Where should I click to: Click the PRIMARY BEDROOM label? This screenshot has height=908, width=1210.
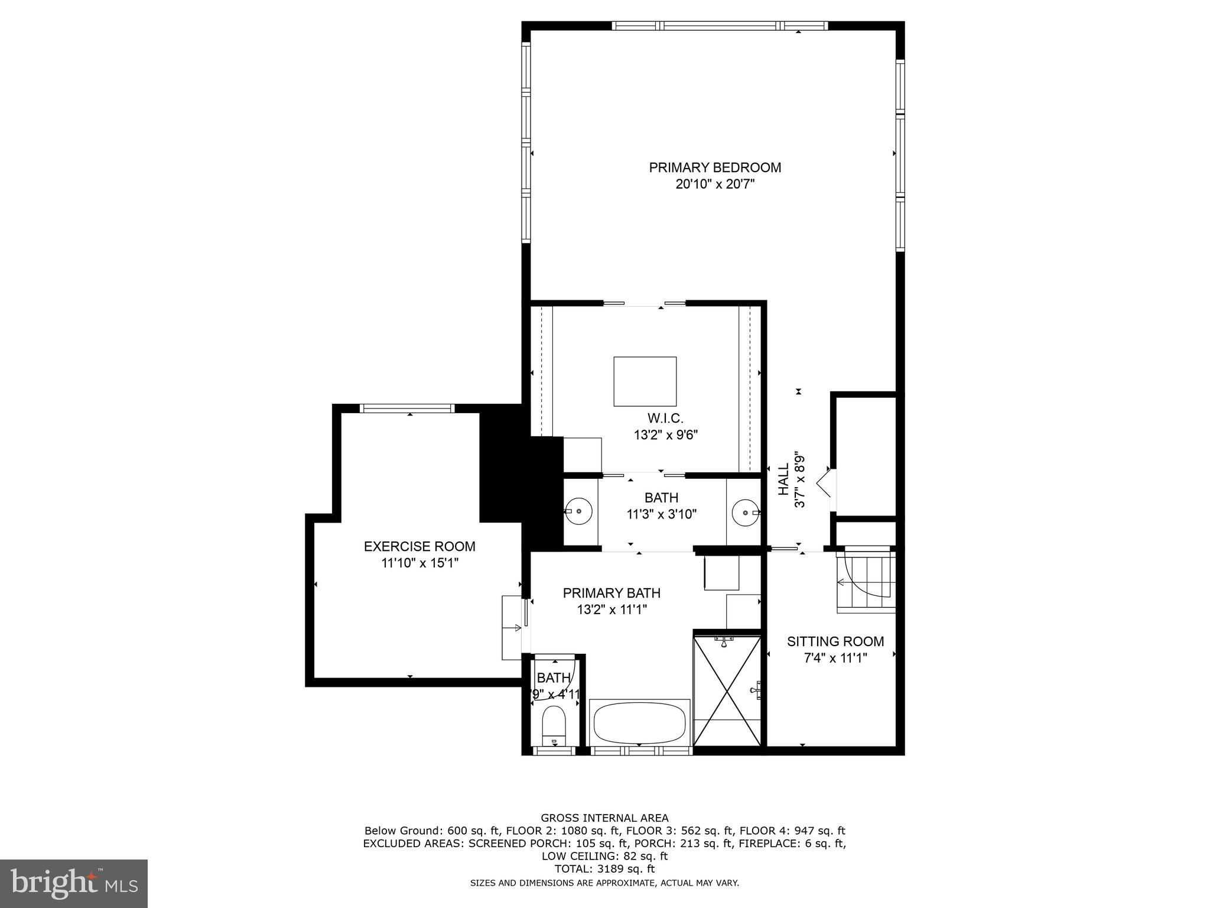(x=715, y=167)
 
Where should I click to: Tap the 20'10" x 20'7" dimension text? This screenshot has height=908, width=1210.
(x=715, y=184)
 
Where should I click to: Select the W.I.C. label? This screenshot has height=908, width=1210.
(x=665, y=419)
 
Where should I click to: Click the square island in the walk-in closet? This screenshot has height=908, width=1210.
(x=645, y=381)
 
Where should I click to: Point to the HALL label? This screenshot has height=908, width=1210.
(x=783, y=479)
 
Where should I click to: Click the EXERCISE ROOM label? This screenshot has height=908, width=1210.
(x=419, y=546)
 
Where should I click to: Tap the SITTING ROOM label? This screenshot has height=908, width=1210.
(x=835, y=641)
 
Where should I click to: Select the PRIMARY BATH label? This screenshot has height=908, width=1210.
(x=611, y=593)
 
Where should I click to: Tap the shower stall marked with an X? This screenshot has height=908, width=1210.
(x=727, y=690)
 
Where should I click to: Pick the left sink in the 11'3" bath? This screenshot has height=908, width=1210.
(x=577, y=511)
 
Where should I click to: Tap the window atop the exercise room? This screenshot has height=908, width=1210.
(x=407, y=408)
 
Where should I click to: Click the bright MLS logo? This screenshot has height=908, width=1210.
(x=74, y=884)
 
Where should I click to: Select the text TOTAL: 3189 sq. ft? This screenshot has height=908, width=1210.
(x=604, y=869)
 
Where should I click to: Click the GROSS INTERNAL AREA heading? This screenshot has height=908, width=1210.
(x=604, y=818)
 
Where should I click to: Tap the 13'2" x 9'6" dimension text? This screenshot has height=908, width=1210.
(x=666, y=435)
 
